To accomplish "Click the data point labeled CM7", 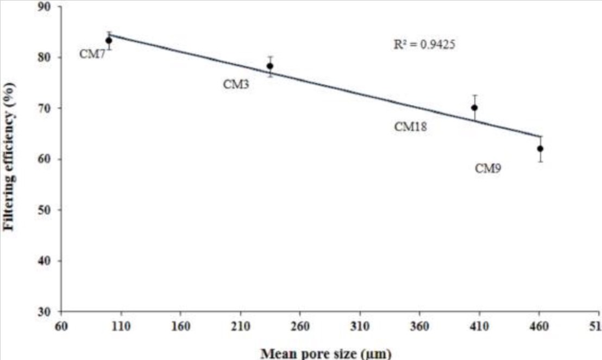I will (109, 40).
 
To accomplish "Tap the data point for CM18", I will (474, 108).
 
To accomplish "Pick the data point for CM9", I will (540, 148).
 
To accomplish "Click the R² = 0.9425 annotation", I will (424, 45).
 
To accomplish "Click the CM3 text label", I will (236, 84).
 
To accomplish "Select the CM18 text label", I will (411, 127).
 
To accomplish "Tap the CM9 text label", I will (488, 169).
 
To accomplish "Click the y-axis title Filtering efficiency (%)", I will (9, 156).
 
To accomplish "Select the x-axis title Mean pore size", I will (325, 353).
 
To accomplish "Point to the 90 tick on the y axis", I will (47, 7).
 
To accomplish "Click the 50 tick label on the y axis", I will (47, 210).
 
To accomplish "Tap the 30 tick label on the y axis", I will (47, 312).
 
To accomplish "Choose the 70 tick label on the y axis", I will (47, 109).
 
